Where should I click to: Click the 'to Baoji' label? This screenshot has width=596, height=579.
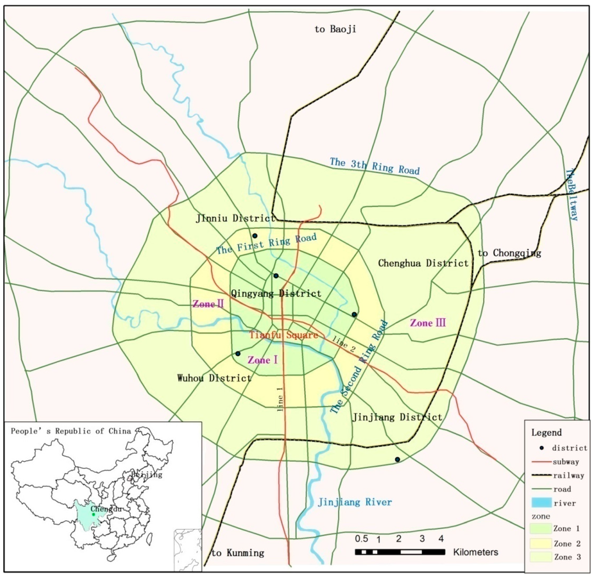tap(335, 29)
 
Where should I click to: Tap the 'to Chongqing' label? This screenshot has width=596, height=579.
tap(509, 253)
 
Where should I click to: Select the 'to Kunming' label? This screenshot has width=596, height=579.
tap(237, 553)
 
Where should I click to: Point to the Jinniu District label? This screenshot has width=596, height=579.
tap(235, 218)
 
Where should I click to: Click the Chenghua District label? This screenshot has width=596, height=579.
tap(423, 263)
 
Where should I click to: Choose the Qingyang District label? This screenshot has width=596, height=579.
tap(276, 293)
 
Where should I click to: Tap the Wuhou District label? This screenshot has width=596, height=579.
tap(214, 378)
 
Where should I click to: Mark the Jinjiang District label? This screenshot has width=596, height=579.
tap(397, 417)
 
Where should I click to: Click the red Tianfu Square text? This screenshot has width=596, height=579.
tap(283, 335)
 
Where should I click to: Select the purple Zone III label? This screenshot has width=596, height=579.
tap(428, 323)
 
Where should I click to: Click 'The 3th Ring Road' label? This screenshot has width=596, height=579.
tap(374, 166)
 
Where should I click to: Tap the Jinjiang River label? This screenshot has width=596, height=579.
tap(354, 502)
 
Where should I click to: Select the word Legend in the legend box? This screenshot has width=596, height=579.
tap(546, 433)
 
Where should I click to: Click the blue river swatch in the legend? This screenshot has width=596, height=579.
tap(541, 503)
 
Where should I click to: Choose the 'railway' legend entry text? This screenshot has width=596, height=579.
tap(569, 475)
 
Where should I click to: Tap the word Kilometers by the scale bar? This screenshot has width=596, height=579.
tap(476, 552)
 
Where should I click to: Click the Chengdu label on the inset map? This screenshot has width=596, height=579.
tap(108, 509)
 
